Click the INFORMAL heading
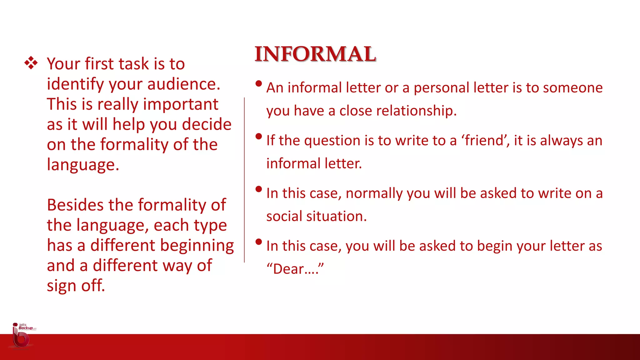pyautogui.click(x=315, y=54)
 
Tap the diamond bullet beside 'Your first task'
pyautogui.click(x=31, y=63)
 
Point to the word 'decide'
pyautogui.click(x=207, y=124)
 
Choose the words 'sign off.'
pyautogui.click(x=76, y=286)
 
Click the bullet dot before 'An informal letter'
pyautogui.click(x=258, y=83)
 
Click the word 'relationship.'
pyautogui.click(x=398, y=111)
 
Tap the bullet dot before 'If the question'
pyautogui.click(x=258, y=136)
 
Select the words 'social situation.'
pyautogui.click(x=316, y=216)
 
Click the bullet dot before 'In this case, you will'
pyautogui.click(x=258, y=242)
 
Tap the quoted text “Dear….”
pyautogui.click(x=295, y=269)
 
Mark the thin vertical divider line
pyautogui.click(x=244, y=180)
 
